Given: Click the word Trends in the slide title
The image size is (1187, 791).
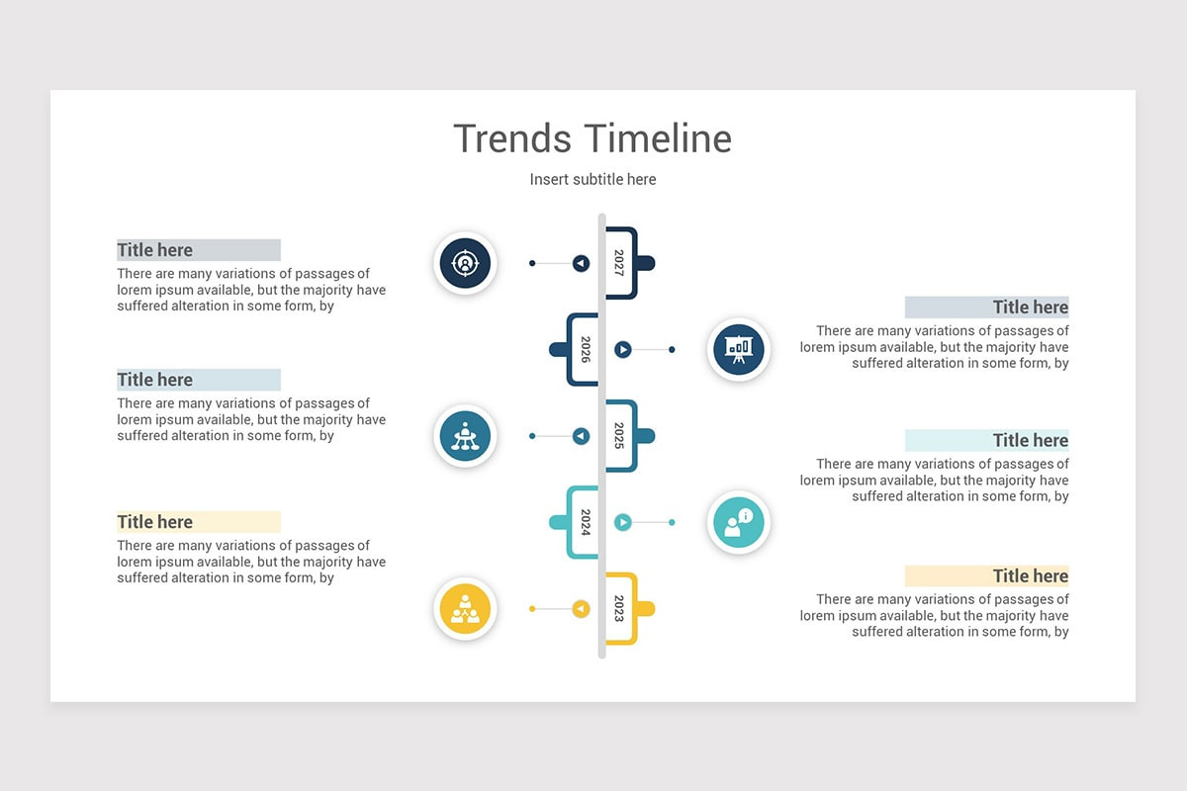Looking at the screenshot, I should tap(511, 138).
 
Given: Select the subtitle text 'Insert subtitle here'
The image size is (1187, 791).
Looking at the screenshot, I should tap(593, 179).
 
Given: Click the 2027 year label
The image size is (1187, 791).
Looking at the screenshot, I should tap(619, 263).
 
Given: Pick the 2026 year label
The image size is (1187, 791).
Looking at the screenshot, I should tap(586, 349).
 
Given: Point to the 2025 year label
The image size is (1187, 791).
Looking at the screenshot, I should tap(619, 436).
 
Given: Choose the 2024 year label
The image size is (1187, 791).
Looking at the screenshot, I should tap(586, 522).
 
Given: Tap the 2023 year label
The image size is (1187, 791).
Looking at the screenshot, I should tap(619, 608).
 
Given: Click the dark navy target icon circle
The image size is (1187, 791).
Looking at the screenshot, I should tap(465, 263).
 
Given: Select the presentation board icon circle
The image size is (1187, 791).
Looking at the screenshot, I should tap(738, 349).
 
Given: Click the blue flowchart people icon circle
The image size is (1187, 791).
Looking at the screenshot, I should tap(465, 436).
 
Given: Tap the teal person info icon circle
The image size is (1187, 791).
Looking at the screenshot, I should tap(738, 522).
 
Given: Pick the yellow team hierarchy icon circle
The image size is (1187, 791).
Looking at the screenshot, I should tap(465, 608).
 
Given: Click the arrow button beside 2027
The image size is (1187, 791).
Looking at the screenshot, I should tap(581, 263).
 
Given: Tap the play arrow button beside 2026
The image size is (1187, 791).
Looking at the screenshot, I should tap(623, 349).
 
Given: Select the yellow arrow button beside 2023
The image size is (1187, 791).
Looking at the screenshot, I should tap(581, 608).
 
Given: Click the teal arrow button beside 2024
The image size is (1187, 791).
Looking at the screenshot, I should tap(623, 522).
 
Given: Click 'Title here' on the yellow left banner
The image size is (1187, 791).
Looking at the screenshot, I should tap(155, 522).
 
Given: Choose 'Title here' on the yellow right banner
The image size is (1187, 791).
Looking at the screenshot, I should tap(1030, 575).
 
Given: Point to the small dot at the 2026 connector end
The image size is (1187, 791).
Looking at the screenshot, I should tap(672, 349).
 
